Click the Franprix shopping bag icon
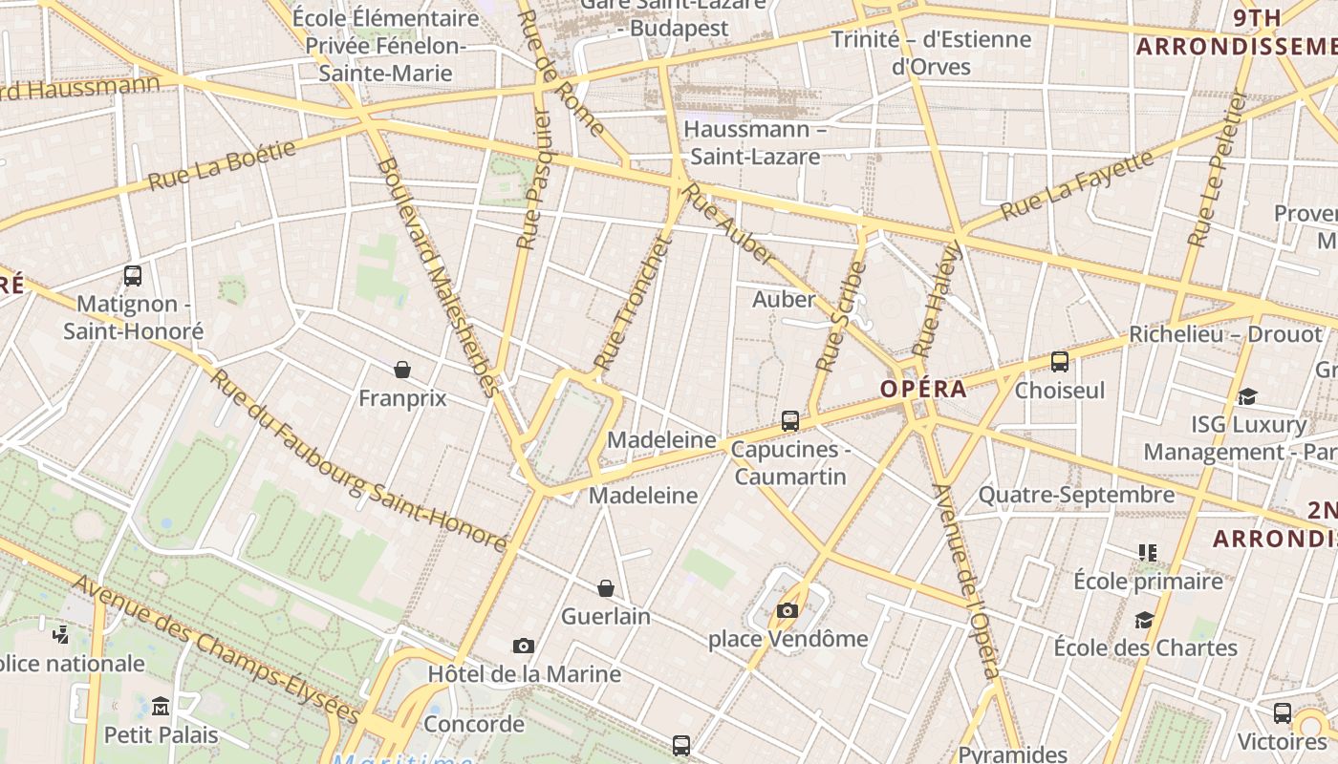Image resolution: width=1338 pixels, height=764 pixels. point(402,369)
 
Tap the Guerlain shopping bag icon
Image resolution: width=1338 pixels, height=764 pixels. point(605,587)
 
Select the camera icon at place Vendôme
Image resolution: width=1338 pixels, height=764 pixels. point(787,610)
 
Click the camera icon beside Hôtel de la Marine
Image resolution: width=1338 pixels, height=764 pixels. point(523,646)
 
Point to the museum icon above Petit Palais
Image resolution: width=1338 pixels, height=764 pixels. point(161,707)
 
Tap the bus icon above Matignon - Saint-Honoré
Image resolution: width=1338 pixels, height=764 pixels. point(133,276)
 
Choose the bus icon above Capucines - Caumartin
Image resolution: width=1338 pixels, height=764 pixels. point(789,420)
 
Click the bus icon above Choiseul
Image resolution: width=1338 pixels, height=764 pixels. point(1059,361)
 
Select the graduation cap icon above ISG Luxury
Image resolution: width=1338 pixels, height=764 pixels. point(1247,396)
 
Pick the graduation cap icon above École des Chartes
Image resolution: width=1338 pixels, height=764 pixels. point(1144,620)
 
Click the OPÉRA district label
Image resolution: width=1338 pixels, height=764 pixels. point(923,389)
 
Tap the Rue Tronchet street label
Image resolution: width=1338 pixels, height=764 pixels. point(634,303)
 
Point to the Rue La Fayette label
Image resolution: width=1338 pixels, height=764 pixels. point(1077,185)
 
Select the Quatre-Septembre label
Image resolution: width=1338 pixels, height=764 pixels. point(1076,495)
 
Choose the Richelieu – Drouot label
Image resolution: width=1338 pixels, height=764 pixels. point(1225,334)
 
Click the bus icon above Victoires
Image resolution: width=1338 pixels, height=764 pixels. point(1282,712)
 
